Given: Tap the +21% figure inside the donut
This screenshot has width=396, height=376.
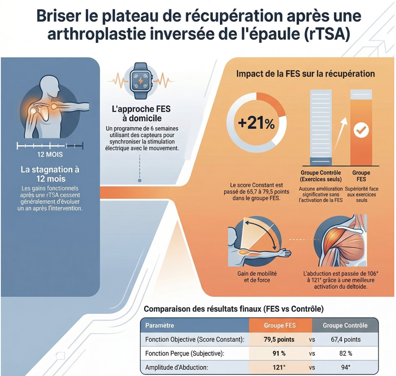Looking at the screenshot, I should coord(256,123).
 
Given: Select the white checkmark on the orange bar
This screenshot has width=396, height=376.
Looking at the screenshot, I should coord(360,130).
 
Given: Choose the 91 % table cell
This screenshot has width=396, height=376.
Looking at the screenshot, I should coord(279,353).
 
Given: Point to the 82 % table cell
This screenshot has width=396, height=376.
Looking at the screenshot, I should coord(346,353).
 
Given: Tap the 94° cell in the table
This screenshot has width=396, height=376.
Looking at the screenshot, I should coord(345,368).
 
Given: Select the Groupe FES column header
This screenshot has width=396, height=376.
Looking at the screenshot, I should coord(280,325).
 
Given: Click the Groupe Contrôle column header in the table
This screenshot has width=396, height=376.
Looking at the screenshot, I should coord(345,325).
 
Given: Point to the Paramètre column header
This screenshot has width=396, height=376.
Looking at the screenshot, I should coord(160,325).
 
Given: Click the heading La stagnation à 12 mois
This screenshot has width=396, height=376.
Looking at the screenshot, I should coord(50,175).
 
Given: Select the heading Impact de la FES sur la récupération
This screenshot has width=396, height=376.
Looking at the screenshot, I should coord(306,74).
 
